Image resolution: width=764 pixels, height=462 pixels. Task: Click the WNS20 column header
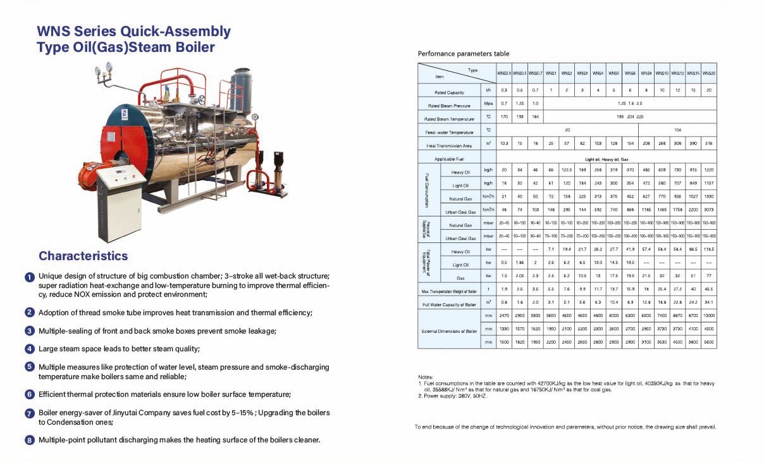tap(709, 73)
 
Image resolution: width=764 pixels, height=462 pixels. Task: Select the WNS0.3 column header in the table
tap(503, 73)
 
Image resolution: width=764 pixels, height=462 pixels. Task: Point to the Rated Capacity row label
tap(449, 92)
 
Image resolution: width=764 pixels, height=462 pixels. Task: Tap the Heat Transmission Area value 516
tap(709, 144)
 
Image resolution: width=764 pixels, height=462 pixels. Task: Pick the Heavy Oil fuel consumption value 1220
tap(709, 171)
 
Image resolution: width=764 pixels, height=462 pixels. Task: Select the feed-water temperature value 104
tap(677, 130)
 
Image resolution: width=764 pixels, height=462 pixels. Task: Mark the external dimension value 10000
tap(709, 315)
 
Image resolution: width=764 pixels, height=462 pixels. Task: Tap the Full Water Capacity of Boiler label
tap(449, 305)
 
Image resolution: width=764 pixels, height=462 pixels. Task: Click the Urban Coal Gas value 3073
tap(709, 210)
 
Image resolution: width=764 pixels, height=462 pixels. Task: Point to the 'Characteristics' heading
tap(83, 256)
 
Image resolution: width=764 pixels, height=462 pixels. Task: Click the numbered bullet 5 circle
tap(30, 366)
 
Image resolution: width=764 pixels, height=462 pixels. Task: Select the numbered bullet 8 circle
tap(30, 440)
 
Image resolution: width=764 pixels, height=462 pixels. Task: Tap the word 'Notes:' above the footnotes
tap(426, 377)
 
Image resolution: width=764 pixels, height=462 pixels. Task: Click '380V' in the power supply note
tap(457, 396)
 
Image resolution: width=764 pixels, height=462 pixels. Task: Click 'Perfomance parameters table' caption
tap(464, 54)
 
